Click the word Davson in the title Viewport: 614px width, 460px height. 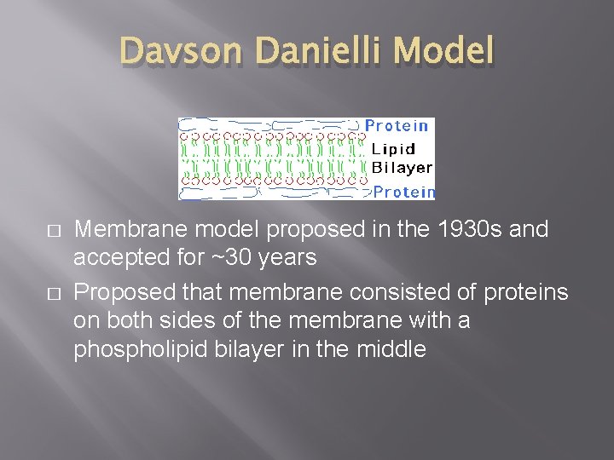pos(177,52)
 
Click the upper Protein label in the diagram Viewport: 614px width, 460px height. pos(397,126)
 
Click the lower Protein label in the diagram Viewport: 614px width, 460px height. pos(404,193)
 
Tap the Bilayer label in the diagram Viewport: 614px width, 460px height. pos(402,168)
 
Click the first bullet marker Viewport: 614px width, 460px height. pos(54,232)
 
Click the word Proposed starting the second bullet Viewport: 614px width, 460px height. pos(125,293)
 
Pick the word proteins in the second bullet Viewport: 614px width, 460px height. pos(524,293)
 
